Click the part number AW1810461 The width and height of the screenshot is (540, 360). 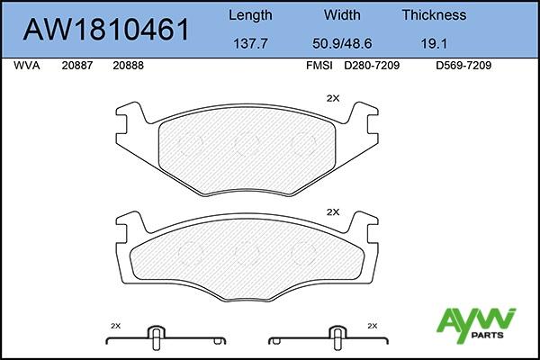pyautogui.click(x=106, y=30)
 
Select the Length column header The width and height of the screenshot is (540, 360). pyautogui.click(x=250, y=15)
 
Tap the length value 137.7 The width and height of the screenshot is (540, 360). pyautogui.click(x=250, y=43)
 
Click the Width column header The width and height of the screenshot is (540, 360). pyautogui.click(x=342, y=14)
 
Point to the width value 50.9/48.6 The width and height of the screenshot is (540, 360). pyautogui.click(x=342, y=43)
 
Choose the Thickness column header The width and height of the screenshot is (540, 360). pyautogui.click(x=434, y=14)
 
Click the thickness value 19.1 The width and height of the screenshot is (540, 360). pyautogui.click(x=434, y=43)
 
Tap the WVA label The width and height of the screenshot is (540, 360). pyautogui.click(x=27, y=66)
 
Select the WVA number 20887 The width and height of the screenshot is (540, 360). pyautogui.click(x=77, y=66)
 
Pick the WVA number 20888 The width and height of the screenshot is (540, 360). pyautogui.click(x=128, y=66)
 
